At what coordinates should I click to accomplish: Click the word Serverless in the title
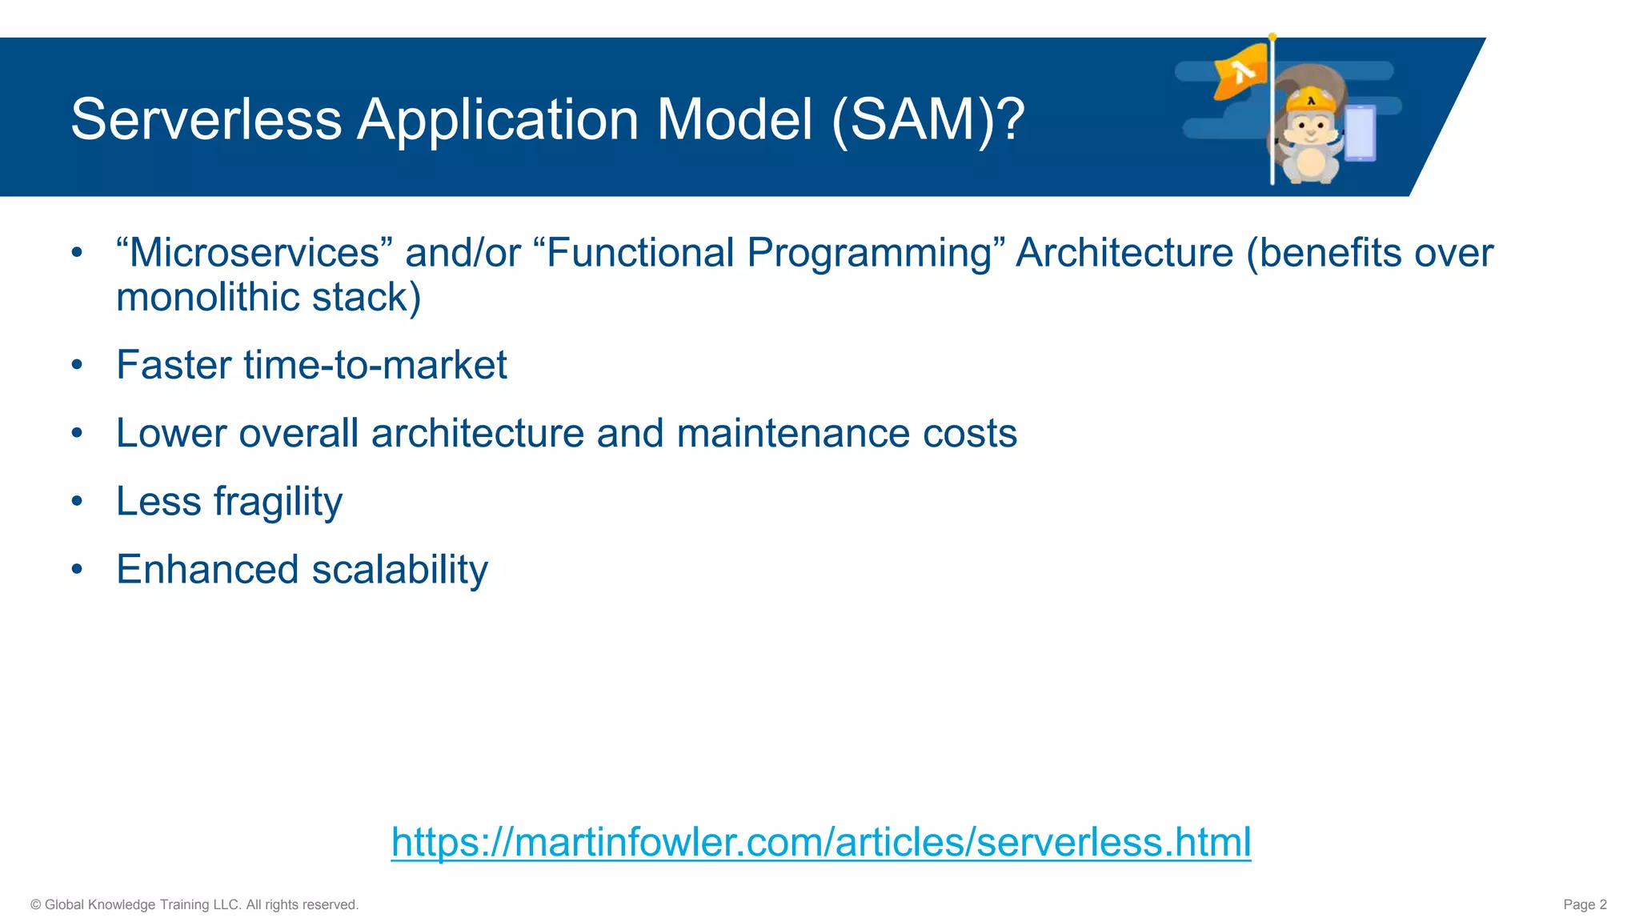tap(206, 120)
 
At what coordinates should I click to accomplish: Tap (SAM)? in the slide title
tap(928, 120)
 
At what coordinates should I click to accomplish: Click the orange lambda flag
tap(1240, 72)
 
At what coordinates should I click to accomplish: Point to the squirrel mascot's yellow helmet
tap(1311, 102)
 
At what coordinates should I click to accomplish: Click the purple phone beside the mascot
tap(1360, 133)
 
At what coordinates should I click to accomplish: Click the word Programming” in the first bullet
tap(876, 253)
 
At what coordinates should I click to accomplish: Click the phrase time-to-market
tap(375, 366)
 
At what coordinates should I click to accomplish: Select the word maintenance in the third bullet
tap(792, 434)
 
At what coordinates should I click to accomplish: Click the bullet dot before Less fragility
tap(77, 502)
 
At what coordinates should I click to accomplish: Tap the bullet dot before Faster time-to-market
tap(77, 366)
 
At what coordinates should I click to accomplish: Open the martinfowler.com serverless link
tap(820, 842)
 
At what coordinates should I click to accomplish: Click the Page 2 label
tap(1585, 904)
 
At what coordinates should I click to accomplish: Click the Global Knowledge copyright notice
tap(194, 904)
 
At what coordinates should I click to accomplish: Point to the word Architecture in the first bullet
tap(1124, 253)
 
